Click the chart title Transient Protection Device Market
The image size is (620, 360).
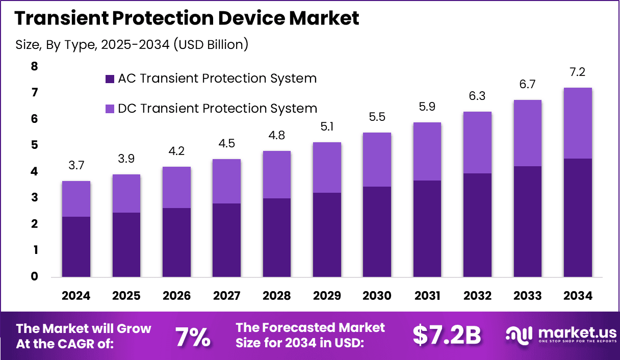pos(187,18)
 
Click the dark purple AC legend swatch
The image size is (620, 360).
pos(109,79)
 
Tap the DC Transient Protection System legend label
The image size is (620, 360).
pos(217,109)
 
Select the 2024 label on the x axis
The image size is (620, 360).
pos(76,296)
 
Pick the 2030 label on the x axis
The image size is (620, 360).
pos(377,296)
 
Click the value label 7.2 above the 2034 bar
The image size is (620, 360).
pos(578,72)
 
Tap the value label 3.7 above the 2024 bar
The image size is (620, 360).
pos(76,165)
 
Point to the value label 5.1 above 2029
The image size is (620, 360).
pos(327,126)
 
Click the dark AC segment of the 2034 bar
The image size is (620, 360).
pos(578,218)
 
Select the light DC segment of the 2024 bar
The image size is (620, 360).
pos(76,199)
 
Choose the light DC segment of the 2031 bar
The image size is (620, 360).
pos(427,151)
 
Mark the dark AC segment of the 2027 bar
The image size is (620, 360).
pos(226,240)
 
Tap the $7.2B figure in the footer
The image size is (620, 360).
pos(447,336)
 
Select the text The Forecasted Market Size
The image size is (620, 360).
pos(311,327)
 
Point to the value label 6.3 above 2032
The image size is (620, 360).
pos(477,96)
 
